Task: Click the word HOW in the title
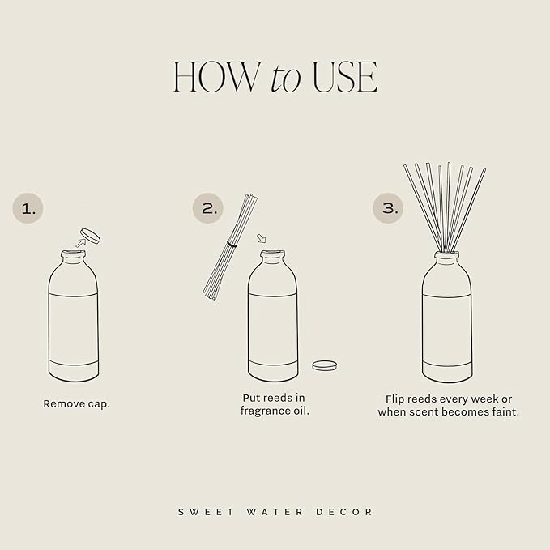pos(215,77)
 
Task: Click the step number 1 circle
pos(28,209)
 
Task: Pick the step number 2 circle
pos(208,209)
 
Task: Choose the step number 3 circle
pos(388,209)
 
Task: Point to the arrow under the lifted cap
pos(80,241)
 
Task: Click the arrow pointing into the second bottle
pos(261,239)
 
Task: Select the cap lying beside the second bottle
pos(325,365)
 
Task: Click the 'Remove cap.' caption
pos(77,403)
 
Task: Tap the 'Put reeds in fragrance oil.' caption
pos(275,404)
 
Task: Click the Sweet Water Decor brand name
pos(275,512)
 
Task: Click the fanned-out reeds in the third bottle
pos(445,203)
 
